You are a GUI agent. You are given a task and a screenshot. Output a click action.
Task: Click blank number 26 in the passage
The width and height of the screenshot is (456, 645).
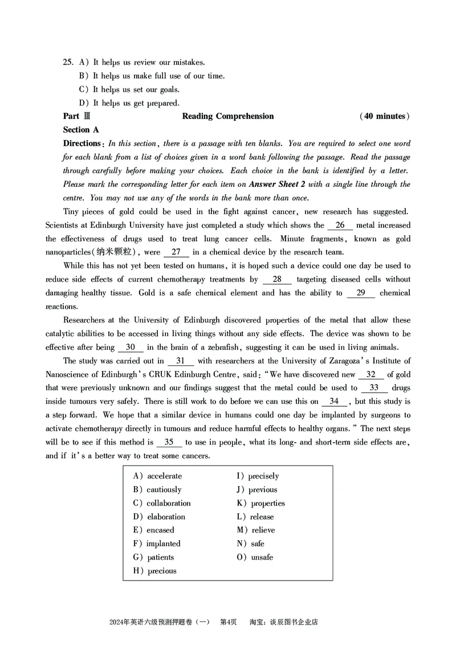[340, 226]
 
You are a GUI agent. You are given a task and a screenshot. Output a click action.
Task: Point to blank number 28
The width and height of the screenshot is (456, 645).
[277, 280]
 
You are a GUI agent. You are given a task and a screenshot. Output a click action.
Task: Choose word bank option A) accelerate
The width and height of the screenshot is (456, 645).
[158, 476]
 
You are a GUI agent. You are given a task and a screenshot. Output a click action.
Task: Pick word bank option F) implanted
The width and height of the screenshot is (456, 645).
[157, 544]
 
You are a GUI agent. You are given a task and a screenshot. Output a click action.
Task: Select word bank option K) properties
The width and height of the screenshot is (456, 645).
[261, 503]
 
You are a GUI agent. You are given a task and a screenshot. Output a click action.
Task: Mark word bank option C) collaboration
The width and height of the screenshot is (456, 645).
[162, 503]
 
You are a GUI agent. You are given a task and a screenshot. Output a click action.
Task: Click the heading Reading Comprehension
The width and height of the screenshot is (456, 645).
[228, 116]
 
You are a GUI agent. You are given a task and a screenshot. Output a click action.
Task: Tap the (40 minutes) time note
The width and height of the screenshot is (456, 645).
[385, 116]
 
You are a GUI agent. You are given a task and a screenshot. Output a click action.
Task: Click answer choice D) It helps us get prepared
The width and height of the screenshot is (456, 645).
[129, 103]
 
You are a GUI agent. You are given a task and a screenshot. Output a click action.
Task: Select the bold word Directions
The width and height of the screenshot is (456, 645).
[82, 144]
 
